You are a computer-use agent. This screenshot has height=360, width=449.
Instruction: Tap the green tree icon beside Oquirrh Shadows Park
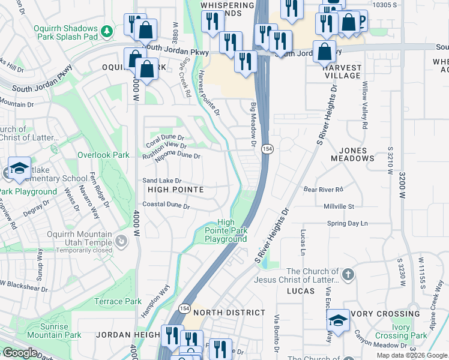coord(106,30)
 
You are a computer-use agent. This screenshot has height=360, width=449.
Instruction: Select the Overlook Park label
coord(103,155)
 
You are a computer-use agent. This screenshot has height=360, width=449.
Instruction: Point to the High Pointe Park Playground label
coord(226,230)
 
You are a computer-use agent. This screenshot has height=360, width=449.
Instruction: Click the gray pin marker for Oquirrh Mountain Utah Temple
coord(121,241)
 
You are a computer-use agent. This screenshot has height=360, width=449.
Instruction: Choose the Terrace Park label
coord(118,301)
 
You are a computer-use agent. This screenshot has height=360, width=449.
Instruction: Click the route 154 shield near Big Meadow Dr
coord(267,148)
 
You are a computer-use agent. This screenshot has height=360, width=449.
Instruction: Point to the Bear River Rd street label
coord(322,189)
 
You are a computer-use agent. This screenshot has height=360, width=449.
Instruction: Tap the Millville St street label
coord(339,206)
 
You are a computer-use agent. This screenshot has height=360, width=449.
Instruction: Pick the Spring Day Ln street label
coord(347,223)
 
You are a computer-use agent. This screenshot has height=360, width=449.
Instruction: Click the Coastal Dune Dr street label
coord(166,205)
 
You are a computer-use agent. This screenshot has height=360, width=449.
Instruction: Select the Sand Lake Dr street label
coord(161,181)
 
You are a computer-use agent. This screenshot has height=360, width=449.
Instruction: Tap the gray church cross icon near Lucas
coord(348,274)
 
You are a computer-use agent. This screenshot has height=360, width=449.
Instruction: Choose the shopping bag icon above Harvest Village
coord(324,52)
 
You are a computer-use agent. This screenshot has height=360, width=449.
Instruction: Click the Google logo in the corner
coord(20,353)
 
